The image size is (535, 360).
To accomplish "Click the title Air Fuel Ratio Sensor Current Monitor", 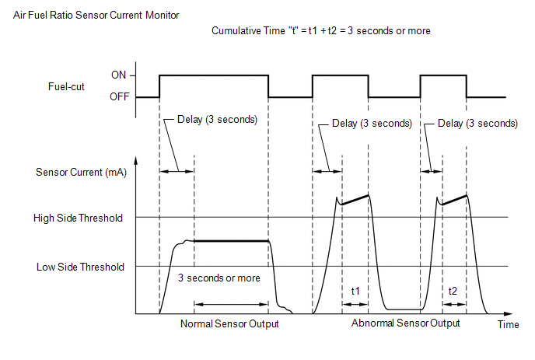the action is coord(96,16).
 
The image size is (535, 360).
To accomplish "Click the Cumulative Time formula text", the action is coord(320,30).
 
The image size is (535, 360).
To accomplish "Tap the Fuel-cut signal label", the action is coord(66,86).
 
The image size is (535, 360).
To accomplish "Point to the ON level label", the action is coord(118,75).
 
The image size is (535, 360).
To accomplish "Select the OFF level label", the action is coord(120,97).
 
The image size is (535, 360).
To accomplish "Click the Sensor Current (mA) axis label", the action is coord(81,173).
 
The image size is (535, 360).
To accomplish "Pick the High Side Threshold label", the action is coord(78,218).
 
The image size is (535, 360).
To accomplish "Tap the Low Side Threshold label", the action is coord(80,267).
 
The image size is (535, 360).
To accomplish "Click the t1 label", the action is coord(355,291).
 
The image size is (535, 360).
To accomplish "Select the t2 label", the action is coord(453,291).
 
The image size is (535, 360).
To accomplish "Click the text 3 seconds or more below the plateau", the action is coord(219,278).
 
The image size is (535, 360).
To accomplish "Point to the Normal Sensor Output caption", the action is coord(229,323).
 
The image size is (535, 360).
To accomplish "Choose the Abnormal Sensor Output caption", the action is coord(406,323).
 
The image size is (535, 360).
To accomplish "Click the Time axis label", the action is coord(508,324).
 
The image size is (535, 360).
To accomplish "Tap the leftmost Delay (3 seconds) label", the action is coord(217,120).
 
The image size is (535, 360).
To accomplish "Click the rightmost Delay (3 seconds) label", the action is coord(477,123).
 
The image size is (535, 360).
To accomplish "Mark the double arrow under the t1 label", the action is coord(355,304).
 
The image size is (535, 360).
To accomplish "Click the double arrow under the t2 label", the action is coord(454,304).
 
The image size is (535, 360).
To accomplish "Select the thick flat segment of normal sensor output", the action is coord(231,241).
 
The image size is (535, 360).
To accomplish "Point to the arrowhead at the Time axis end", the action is coord(509,313).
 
